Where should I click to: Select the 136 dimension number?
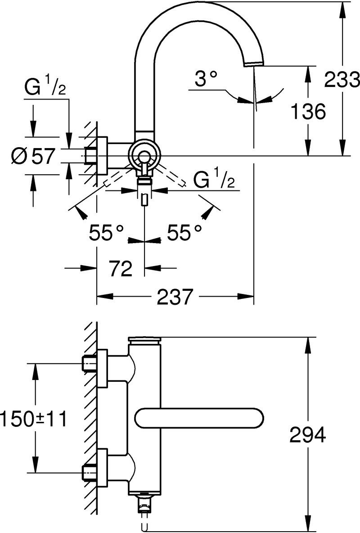[309, 112]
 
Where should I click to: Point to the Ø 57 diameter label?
[33, 157]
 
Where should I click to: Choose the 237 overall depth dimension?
[175, 296]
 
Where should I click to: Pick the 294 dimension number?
[308, 435]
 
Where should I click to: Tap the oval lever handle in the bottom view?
[199, 418]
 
